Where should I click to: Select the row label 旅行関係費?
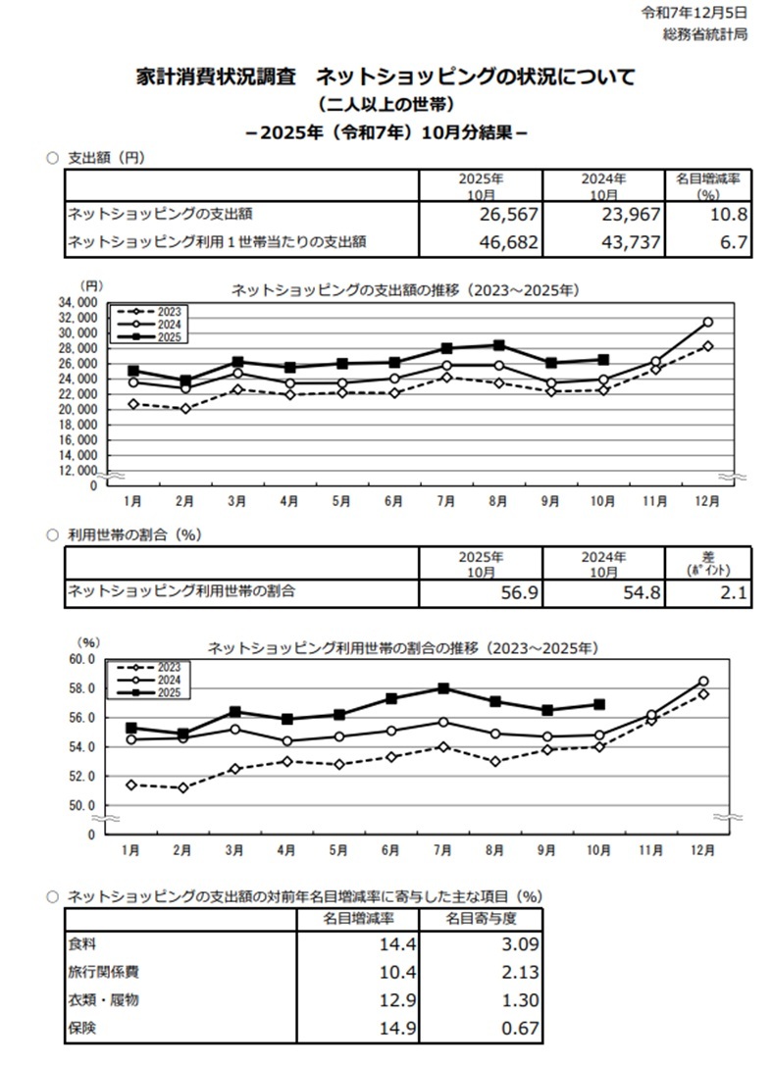point(103,973)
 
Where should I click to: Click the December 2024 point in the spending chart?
point(707,322)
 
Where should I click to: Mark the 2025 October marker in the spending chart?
point(603,359)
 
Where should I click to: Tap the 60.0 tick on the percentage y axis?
point(81,659)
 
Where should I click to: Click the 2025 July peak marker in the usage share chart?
point(443,688)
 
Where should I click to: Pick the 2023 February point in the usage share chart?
point(183,787)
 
